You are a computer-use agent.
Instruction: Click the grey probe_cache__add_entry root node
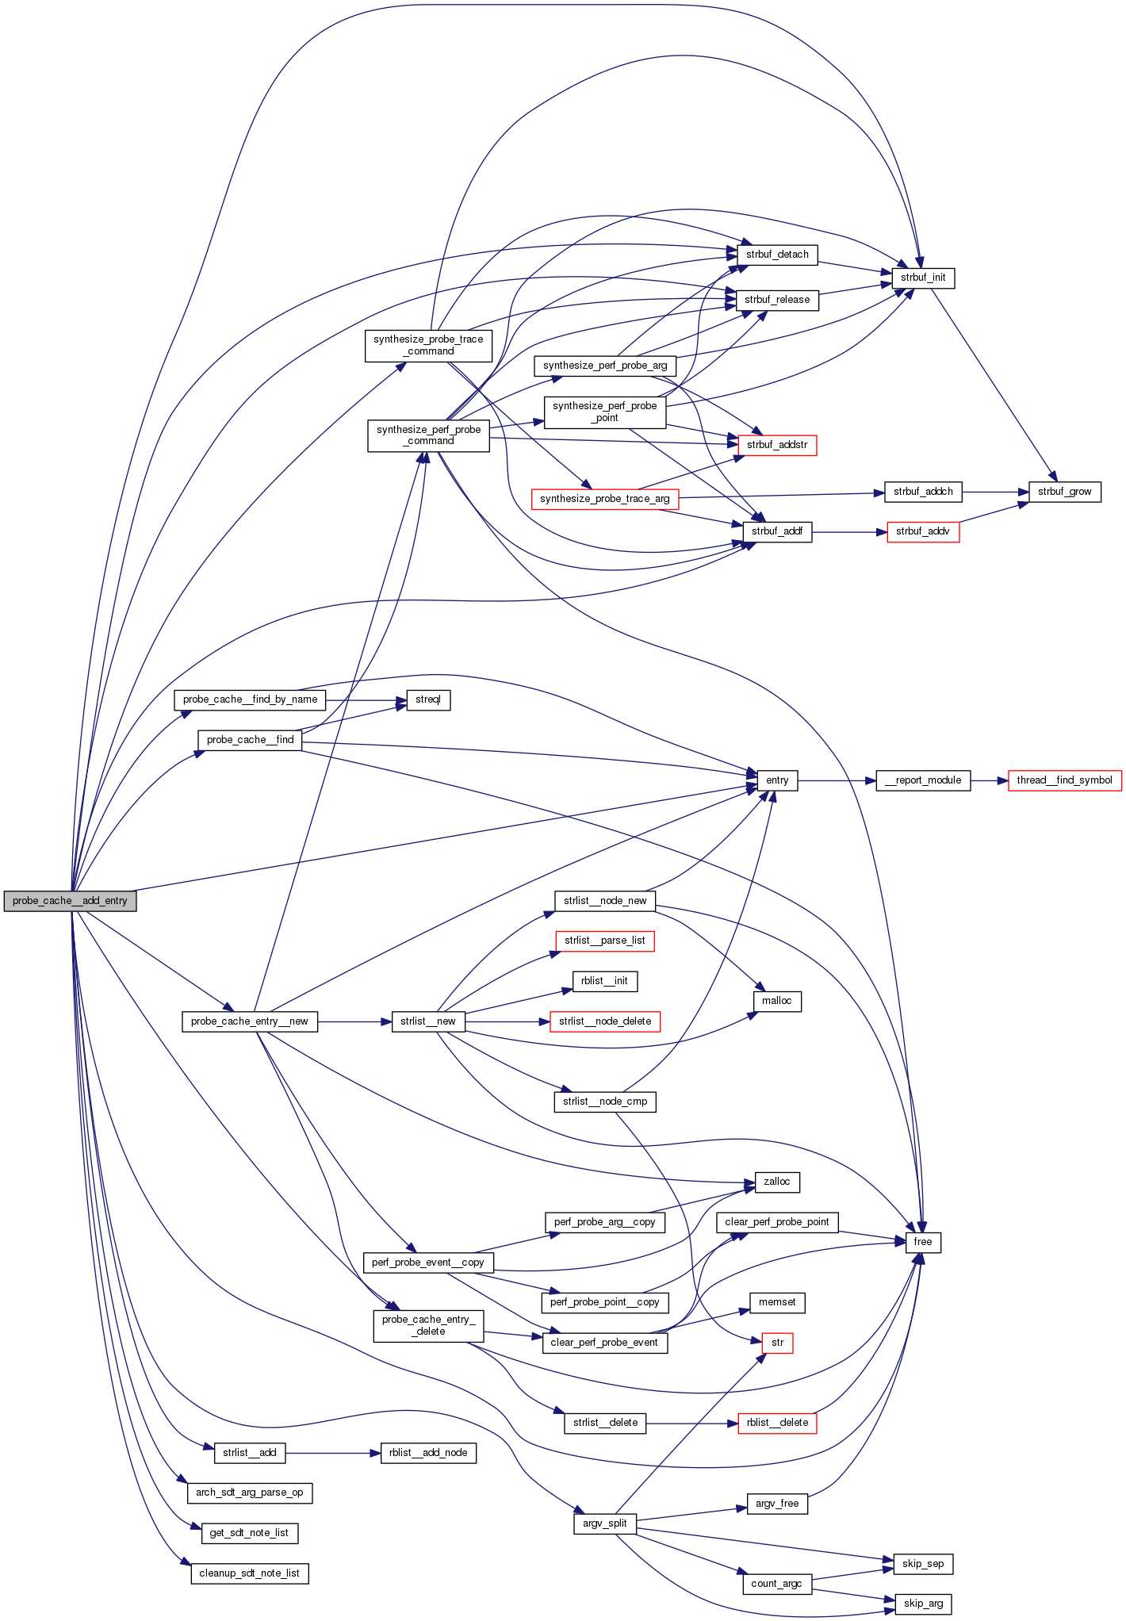tap(70, 901)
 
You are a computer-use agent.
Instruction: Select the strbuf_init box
tap(923, 278)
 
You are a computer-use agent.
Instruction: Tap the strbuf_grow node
tap(1064, 492)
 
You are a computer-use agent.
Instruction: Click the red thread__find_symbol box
tap(1064, 780)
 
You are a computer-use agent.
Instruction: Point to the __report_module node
tap(922, 780)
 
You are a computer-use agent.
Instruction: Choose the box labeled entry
tap(777, 780)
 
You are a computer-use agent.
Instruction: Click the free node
tap(923, 1242)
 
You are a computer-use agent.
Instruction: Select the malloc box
tap(777, 1001)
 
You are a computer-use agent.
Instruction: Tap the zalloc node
tap(777, 1182)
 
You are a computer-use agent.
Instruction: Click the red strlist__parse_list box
tap(605, 941)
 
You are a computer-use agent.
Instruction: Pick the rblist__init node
tap(604, 981)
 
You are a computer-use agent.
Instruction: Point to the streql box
tap(428, 699)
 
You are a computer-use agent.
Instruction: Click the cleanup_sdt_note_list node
tap(250, 1573)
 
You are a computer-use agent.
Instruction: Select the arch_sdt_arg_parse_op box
tap(250, 1493)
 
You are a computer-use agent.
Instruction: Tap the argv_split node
tap(605, 1523)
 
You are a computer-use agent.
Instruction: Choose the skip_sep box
tap(923, 1564)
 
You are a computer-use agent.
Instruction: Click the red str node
tap(777, 1343)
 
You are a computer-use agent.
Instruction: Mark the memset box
tap(777, 1302)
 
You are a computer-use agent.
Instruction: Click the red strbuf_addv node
tap(923, 531)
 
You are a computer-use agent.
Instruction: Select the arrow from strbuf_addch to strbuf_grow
tap(995, 492)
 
